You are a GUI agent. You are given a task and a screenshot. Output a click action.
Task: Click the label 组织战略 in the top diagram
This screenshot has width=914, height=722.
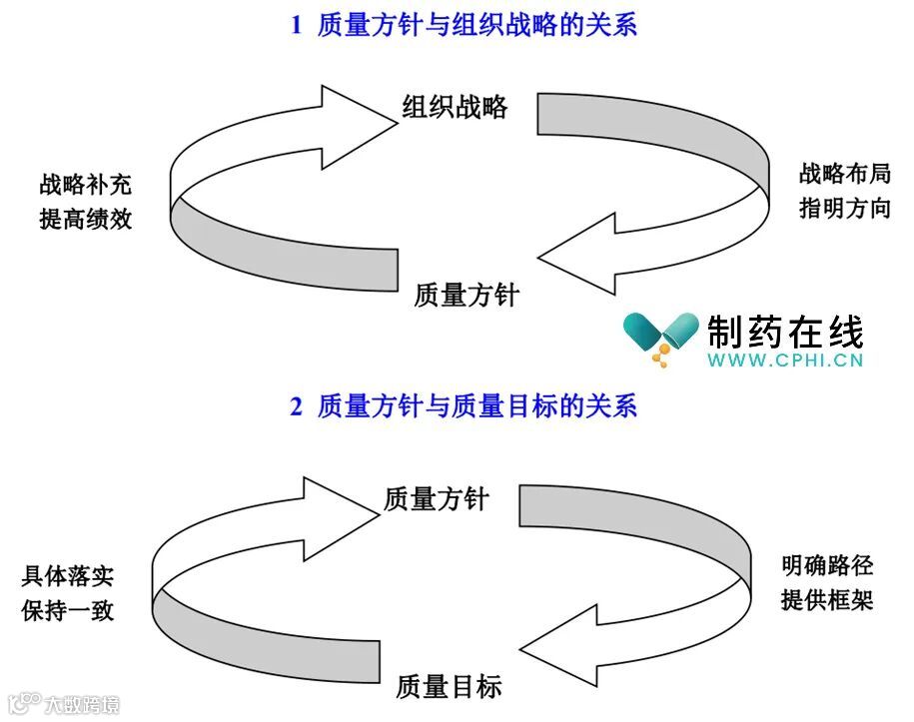[x=455, y=108]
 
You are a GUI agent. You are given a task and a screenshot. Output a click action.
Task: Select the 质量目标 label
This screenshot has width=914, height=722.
[x=449, y=686]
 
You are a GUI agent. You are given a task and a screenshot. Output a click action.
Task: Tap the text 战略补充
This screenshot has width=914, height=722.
[x=85, y=185]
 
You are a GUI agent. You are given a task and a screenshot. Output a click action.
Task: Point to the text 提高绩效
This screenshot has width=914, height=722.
[x=85, y=219]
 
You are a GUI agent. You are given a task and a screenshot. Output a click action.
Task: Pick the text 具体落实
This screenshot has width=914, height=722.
[x=67, y=576]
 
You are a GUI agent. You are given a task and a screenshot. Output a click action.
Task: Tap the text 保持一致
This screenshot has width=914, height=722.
[x=67, y=610]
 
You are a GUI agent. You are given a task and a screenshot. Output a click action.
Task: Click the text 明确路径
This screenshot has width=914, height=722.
[x=827, y=566]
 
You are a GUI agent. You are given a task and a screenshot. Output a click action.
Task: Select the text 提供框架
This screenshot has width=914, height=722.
[x=827, y=600]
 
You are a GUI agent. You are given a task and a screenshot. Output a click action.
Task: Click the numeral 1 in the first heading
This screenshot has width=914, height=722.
[x=296, y=26]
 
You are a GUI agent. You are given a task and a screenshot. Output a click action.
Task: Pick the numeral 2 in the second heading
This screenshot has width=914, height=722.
[x=296, y=406]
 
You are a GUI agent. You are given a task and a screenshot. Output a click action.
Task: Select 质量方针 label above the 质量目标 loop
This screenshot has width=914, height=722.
[x=437, y=498]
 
